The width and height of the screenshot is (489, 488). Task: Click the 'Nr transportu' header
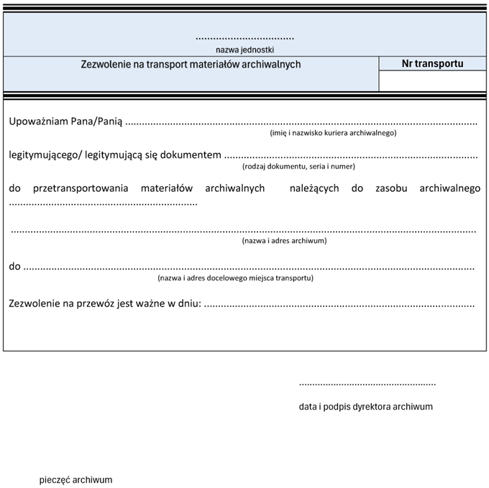coord(432,63)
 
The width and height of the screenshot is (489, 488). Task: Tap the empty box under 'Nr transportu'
coord(432,81)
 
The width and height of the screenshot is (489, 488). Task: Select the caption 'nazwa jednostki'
coord(244,50)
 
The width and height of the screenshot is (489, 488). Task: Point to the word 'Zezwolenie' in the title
coord(106,64)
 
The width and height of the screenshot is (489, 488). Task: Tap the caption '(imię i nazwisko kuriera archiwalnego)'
coord(333,133)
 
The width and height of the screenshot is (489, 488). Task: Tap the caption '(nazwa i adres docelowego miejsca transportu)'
coord(235,277)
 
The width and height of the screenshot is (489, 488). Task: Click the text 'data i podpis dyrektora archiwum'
coord(365,406)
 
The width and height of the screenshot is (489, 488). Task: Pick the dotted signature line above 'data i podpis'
coord(367,385)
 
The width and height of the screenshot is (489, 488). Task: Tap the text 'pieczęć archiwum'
coord(76,479)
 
